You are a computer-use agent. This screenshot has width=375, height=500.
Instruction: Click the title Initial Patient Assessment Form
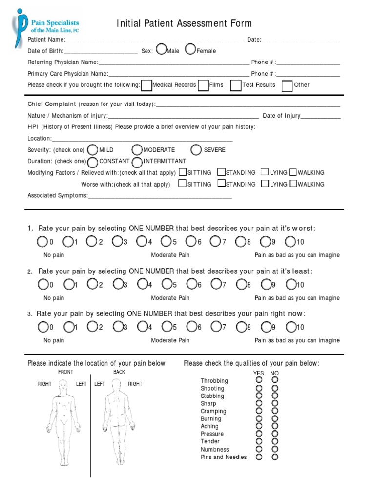[184, 23]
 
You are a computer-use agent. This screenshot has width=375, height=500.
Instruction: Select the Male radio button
[161, 50]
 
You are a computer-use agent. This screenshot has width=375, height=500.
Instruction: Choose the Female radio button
[190, 50]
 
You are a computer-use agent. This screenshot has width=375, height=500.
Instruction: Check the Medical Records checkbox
[146, 85]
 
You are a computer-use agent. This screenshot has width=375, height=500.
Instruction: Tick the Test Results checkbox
[236, 85]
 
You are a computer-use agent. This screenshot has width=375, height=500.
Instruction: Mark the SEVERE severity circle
[196, 149]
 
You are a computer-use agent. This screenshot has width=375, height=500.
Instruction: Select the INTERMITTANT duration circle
[137, 161]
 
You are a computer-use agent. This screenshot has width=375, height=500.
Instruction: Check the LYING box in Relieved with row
[265, 172]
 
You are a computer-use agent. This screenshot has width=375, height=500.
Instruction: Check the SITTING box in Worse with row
[182, 184]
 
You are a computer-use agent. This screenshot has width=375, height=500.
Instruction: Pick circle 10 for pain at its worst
[290, 241]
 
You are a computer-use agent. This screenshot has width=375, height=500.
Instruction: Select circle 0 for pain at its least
[43, 284]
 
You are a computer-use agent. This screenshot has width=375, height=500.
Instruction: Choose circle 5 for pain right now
[167, 327]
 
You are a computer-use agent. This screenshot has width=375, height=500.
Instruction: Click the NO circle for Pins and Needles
[275, 457]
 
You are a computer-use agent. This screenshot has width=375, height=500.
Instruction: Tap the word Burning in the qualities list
[210, 419]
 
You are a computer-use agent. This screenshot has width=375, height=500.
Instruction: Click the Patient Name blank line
[154, 40]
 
